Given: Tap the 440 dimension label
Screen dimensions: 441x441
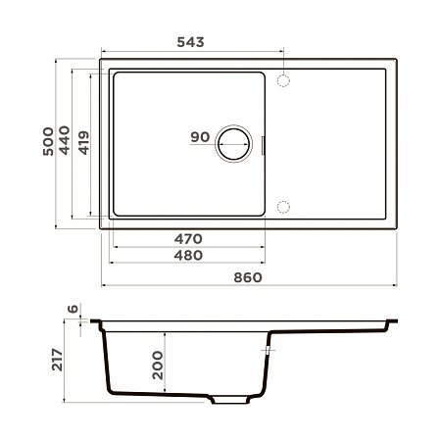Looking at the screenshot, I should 65,144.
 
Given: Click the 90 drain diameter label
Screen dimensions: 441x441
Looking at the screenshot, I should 200,137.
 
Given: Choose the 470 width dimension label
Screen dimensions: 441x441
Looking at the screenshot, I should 188,238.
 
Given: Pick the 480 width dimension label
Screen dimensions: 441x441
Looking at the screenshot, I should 188,256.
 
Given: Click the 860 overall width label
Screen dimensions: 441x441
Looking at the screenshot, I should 249,277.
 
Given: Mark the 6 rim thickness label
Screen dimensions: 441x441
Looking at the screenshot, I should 73,310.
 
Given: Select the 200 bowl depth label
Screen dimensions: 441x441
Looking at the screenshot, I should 156,365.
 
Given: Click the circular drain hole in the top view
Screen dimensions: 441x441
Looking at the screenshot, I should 235,144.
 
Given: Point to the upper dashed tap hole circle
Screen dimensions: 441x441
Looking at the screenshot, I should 284,79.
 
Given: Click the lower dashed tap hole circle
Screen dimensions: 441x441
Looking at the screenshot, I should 284,207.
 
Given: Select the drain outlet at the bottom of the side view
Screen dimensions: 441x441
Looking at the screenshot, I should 233,401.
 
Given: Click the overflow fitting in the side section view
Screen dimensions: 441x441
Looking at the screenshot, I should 268,349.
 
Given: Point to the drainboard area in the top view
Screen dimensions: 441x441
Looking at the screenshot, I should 333,144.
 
